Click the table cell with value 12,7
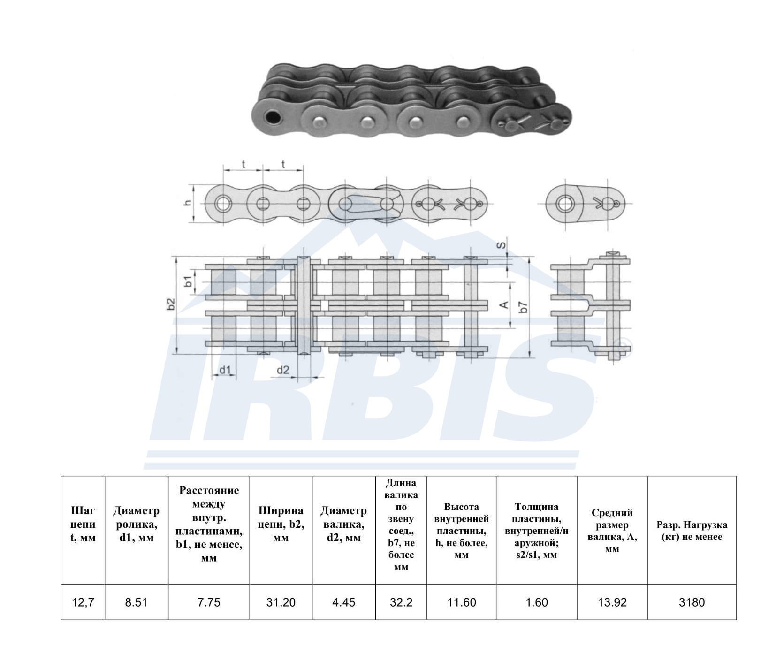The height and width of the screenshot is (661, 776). pyautogui.click(x=83, y=602)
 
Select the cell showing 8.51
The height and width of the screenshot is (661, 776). pyautogui.click(x=136, y=602)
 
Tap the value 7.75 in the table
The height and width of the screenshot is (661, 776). pyautogui.click(x=209, y=602)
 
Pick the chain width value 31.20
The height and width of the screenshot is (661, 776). pyautogui.click(x=281, y=602)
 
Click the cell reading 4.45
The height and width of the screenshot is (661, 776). pyautogui.click(x=344, y=602)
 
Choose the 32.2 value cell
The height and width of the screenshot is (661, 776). pyautogui.click(x=401, y=602)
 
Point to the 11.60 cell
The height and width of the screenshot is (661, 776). pyautogui.click(x=462, y=602)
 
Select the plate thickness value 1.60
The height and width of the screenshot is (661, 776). pyautogui.click(x=537, y=602)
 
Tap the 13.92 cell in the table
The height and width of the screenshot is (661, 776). pyautogui.click(x=612, y=602)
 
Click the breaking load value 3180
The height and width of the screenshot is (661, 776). pyautogui.click(x=692, y=602)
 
